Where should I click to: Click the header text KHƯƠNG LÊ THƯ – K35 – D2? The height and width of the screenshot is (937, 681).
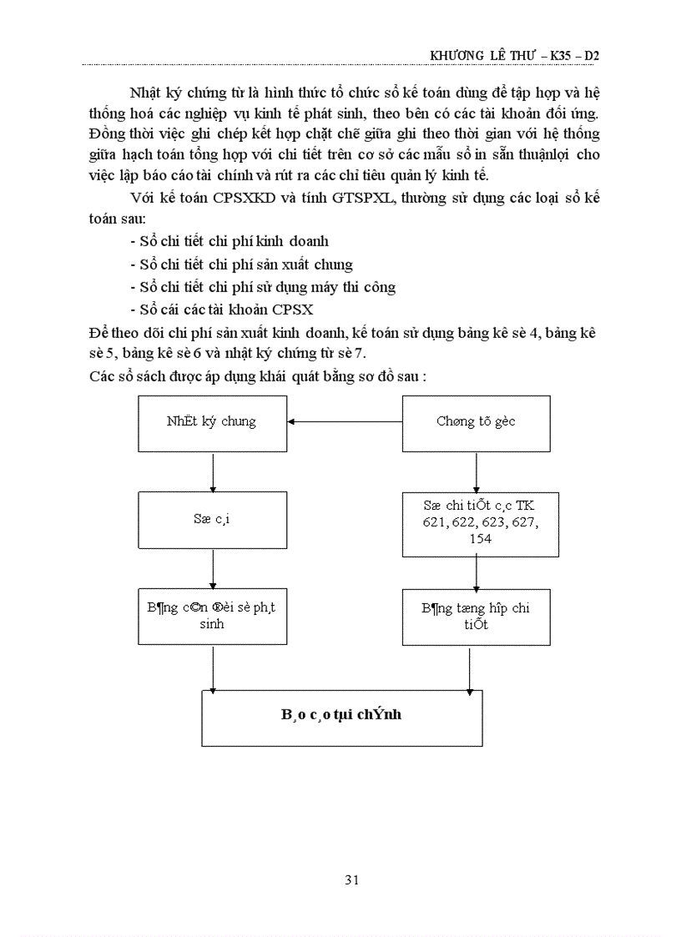click(515, 56)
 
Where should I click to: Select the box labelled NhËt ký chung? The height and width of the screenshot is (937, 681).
click(211, 421)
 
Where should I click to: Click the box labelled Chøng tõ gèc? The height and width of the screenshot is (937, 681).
click(476, 421)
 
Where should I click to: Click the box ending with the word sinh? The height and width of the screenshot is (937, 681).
click(211, 616)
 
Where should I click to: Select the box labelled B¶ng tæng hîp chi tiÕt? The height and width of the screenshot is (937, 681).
click(475, 617)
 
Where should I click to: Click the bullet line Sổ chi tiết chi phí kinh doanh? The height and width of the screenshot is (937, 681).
click(230, 241)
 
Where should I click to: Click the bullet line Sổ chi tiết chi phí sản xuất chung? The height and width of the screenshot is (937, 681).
click(242, 264)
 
